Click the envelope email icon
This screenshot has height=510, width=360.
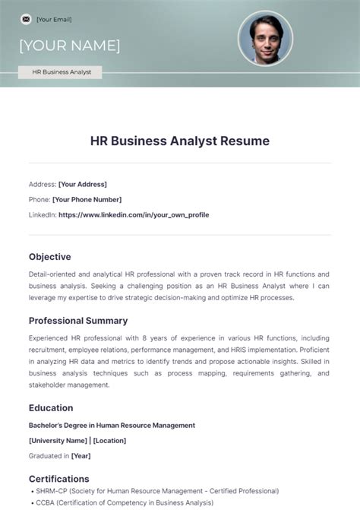click(26, 19)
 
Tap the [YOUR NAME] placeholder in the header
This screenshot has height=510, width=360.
click(70, 46)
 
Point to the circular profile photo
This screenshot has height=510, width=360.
click(266, 38)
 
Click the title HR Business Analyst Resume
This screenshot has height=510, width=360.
click(180, 141)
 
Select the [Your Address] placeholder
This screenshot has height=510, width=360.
click(83, 184)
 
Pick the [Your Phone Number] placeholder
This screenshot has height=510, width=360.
click(87, 199)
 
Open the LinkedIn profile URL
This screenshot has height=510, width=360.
click(134, 214)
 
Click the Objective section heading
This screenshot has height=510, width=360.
click(50, 256)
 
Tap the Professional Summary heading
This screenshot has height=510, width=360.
click(78, 320)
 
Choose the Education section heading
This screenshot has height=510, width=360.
click(51, 408)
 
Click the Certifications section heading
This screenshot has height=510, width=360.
click(59, 479)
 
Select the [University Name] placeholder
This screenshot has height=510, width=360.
click(58, 440)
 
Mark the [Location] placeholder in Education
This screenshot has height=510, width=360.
click(110, 440)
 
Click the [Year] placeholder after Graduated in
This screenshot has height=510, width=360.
click(81, 456)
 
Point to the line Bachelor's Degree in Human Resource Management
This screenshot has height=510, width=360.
click(112, 425)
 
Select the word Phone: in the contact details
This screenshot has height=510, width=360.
click(39, 199)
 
